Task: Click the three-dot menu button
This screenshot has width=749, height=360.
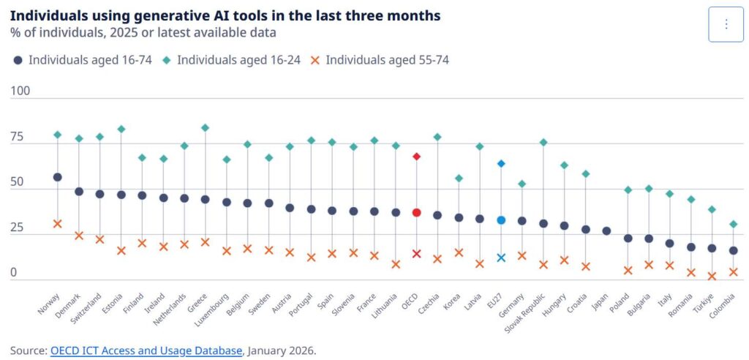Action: [726, 24]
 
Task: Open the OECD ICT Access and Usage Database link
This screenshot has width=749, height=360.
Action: [146, 350]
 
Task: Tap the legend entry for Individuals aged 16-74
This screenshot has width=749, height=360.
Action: [83, 60]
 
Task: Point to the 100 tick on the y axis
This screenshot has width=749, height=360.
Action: [20, 91]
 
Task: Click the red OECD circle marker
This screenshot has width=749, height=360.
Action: [416, 212]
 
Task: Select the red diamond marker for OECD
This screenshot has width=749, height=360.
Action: [416, 157]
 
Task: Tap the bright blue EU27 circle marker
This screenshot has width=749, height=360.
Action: [501, 220]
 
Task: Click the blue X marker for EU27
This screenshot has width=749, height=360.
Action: [501, 258]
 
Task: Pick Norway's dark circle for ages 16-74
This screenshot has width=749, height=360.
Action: [58, 177]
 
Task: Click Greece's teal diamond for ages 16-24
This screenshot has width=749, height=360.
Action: [206, 128]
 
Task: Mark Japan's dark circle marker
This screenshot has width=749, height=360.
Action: [606, 231]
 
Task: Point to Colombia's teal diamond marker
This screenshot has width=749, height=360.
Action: [733, 224]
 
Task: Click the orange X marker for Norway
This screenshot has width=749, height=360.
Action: [58, 224]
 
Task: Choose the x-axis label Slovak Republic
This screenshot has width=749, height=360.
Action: [527, 308]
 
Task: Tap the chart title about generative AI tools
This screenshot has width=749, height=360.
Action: [225, 15]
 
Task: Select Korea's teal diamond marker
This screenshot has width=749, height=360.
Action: [459, 179]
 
